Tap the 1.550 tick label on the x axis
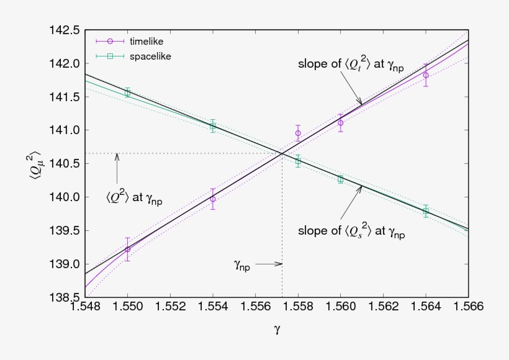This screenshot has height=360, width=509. tap(128, 307)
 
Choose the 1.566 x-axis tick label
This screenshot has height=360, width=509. tap(468, 307)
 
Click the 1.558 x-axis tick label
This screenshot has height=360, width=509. tap(298, 307)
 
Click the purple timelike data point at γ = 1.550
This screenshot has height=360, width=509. tap(128, 250)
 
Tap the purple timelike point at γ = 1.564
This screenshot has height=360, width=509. tap(426, 75)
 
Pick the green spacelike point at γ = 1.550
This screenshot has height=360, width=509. tap(128, 92)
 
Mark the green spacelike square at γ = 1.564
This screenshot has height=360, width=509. tap(426, 211)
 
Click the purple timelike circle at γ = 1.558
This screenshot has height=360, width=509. tap(298, 133)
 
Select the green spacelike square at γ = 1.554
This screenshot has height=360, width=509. tap(213, 126)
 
